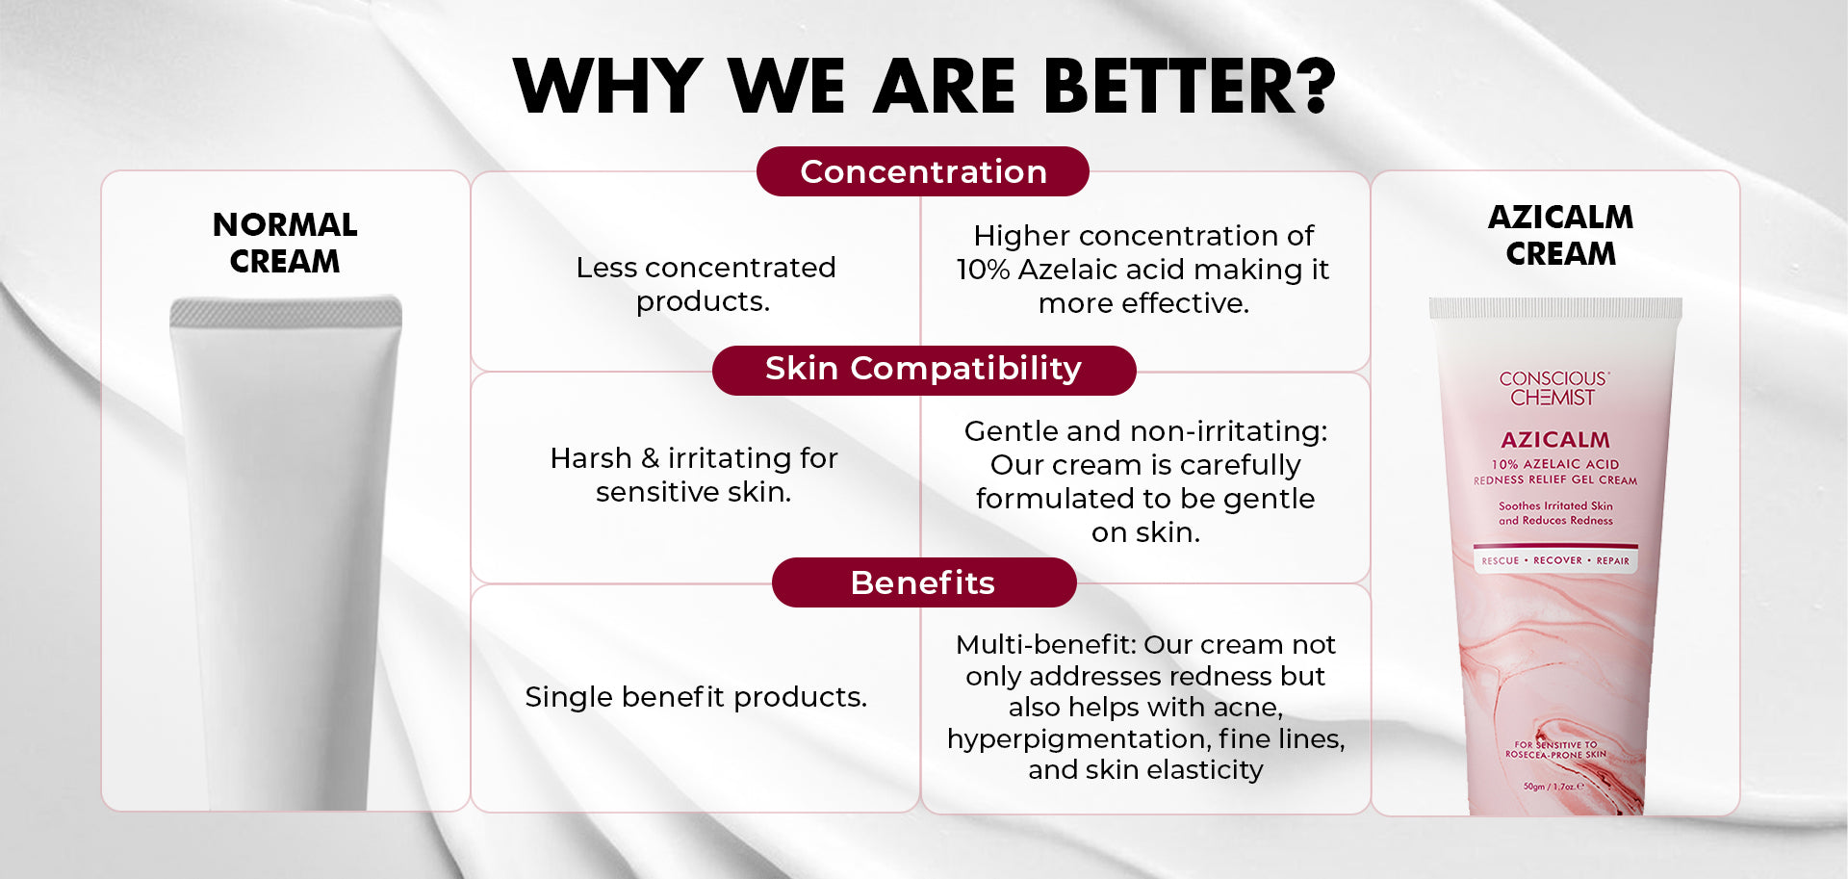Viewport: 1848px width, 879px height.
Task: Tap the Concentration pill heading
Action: point(923,171)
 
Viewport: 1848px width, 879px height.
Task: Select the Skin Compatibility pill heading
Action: point(924,370)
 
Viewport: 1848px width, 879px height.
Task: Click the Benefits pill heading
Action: point(924,582)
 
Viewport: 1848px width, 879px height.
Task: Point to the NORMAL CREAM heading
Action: point(285,243)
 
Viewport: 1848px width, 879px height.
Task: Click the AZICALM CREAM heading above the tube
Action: point(1560,235)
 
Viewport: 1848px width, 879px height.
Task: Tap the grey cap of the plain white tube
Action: point(286,312)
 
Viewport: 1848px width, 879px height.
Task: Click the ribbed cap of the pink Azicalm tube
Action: point(1555,308)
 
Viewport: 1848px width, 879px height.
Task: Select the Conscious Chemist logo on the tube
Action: point(1553,388)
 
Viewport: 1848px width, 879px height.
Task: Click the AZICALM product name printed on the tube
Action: point(1555,440)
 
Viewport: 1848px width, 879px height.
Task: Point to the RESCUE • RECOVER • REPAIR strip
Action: point(1555,560)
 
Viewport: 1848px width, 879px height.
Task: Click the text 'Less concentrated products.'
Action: point(706,284)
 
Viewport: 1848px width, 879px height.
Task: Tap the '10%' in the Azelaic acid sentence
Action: point(983,270)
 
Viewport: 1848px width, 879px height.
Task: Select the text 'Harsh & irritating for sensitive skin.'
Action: point(694,475)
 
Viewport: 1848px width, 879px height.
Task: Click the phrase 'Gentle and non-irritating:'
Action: point(1145,430)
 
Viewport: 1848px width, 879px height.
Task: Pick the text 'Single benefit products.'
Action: point(696,696)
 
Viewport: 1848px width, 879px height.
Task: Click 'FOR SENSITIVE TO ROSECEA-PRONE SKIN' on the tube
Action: point(1555,749)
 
